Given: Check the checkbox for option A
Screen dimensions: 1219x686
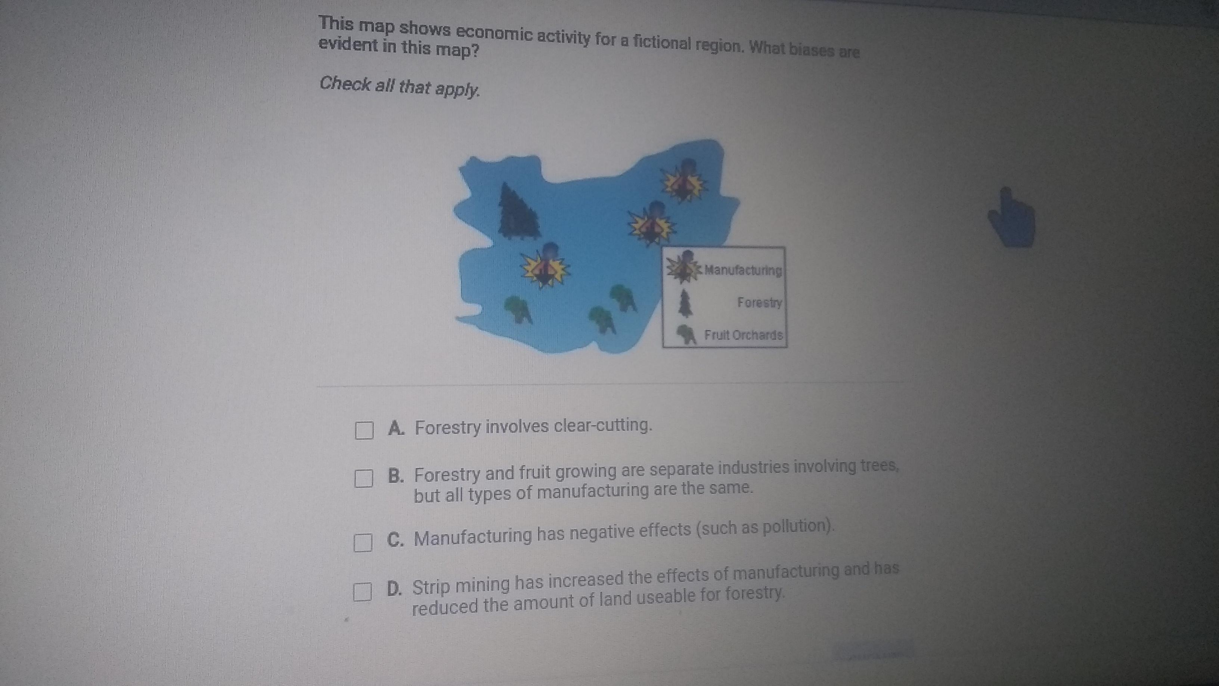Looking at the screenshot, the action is pyautogui.click(x=364, y=430).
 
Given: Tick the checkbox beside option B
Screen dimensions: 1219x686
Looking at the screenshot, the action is pyautogui.click(x=363, y=478).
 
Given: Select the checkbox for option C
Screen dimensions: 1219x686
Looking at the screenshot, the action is pyautogui.click(x=363, y=543).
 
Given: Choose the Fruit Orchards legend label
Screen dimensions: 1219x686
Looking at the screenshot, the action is pyautogui.click(x=744, y=335).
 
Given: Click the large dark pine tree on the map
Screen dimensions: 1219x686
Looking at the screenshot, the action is pyautogui.click(x=519, y=211).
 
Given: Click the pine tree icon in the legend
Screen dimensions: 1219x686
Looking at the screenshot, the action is pyautogui.click(x=685, y=303).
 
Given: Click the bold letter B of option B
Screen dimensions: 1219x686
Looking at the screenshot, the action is pyautogui.click(x=396, y=475).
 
